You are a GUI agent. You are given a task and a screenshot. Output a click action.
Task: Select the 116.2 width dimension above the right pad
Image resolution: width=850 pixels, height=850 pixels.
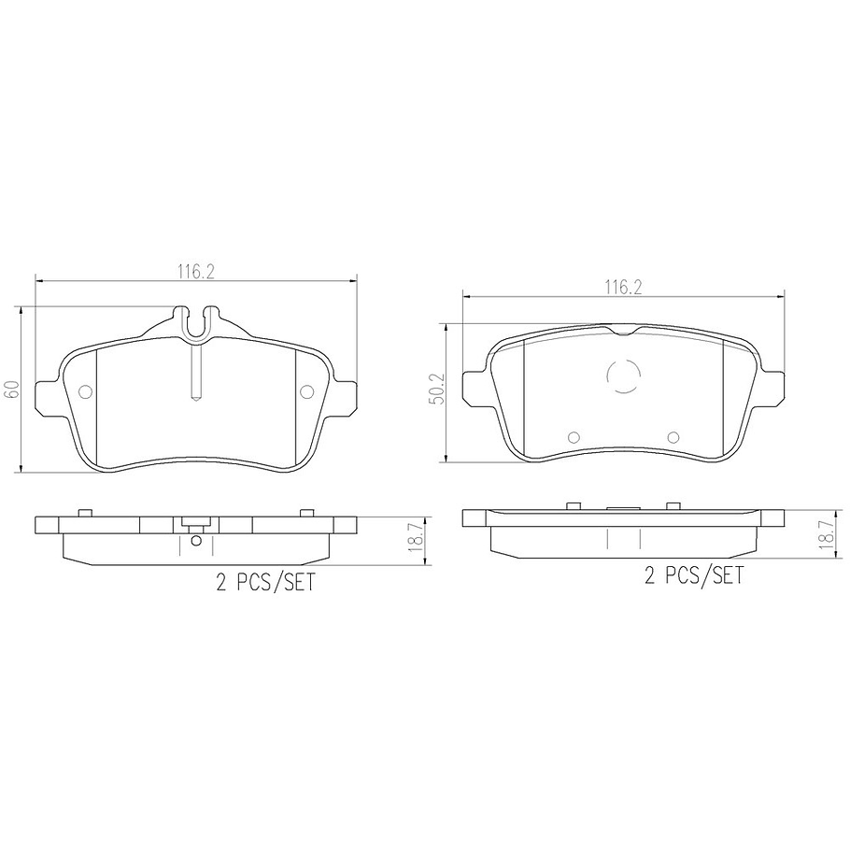coord(622,288)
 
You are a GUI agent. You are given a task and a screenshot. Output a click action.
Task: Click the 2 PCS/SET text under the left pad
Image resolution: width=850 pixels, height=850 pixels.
coord(265,584)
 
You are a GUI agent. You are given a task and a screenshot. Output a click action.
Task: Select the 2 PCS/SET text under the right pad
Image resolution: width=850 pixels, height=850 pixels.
coord(693,575)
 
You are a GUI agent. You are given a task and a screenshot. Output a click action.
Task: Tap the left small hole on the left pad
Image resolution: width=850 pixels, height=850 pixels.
coord(85,392)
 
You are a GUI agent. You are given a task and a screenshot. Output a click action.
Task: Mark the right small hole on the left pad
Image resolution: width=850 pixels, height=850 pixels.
coord(306,392)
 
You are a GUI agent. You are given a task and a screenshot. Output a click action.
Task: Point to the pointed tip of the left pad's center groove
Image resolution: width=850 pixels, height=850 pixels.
coord(195,399)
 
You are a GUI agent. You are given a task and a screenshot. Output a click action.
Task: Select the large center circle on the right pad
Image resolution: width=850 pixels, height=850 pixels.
coord(624,376)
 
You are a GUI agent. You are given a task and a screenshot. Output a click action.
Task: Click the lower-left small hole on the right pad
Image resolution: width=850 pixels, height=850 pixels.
coord(574,437)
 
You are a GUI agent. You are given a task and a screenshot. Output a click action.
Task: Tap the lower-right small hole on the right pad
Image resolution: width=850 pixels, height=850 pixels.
coord(673,437)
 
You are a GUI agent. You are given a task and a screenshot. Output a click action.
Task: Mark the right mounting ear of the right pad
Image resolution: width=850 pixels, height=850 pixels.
coord(773,386)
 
